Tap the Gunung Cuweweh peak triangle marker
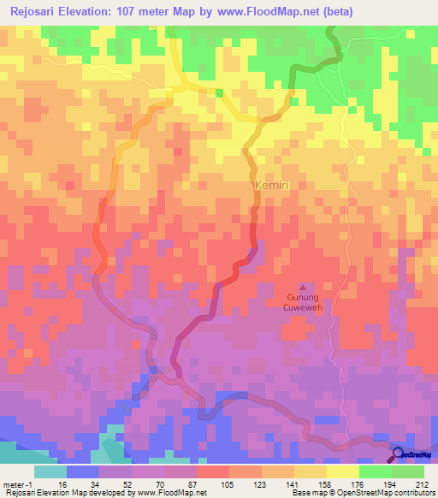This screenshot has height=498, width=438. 301,287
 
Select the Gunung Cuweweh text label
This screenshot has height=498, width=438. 303,302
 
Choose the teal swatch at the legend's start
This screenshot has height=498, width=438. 50,471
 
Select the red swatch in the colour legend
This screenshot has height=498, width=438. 212,471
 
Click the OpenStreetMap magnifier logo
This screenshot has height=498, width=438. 398,456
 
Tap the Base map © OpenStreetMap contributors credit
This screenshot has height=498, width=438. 362,493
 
